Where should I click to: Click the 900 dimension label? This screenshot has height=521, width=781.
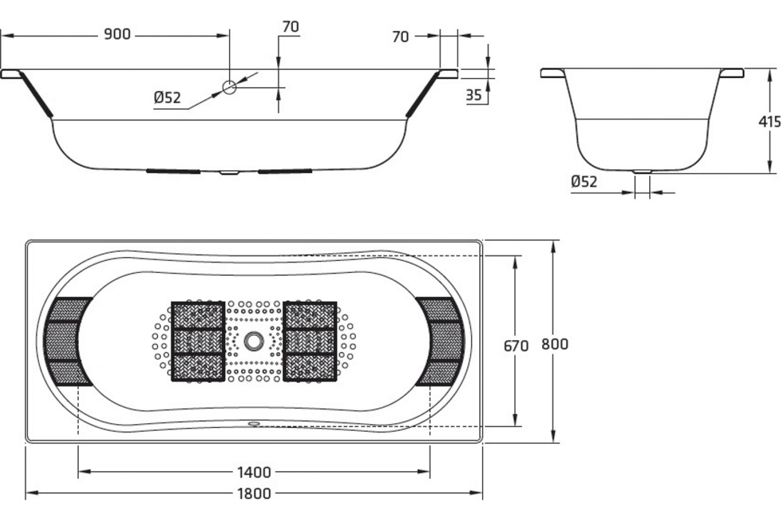(x=117, y=34)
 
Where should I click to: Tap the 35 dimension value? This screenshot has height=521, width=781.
(x=473, y=95)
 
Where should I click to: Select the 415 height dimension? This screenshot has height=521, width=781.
(x=769, y=122)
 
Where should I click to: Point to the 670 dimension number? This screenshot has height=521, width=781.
(x=516, y=346)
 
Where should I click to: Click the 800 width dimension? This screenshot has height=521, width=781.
(x=555, y=344)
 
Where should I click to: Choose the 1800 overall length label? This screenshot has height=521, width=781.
(x=254, y=494)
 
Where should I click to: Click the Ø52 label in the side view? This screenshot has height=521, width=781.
(x=167, y=98)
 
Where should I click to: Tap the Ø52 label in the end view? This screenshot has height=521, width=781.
(x=584, y=181)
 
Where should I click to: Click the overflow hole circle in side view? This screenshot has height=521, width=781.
(x=229, y=87)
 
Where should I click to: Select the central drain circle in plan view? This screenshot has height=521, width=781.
(x=254, y=341)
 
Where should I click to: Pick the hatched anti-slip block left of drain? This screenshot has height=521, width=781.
(x=198, y=341)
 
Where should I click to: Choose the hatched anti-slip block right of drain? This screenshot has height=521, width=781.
(x=310, y=341)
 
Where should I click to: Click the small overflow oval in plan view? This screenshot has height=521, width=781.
(x=254, y=424)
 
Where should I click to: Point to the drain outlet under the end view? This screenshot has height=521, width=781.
(x=642, y=172)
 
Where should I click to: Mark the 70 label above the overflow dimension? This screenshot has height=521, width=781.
(x=291, y=27)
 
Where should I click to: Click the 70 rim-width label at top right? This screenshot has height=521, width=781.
(x=400, y=37)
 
